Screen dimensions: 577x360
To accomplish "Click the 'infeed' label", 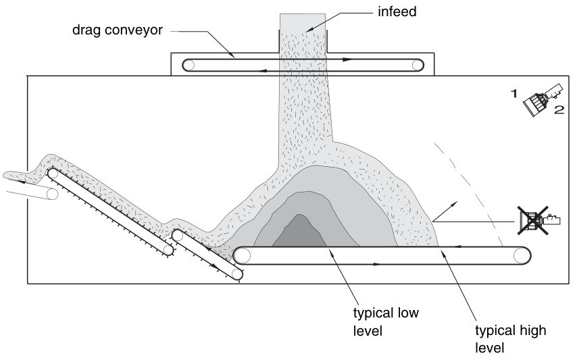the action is tap(397, 11).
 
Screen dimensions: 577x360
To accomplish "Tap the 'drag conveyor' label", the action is tap(118, 30).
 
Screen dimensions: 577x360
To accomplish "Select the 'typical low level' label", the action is tap(386, 322).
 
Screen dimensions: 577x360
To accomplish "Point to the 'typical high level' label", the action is tap(510, 339).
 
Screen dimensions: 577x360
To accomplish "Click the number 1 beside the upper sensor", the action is tap(513, 94).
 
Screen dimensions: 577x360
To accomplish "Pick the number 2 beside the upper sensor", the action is tap(559, 109).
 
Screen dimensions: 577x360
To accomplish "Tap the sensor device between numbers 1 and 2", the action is tap(543, 99).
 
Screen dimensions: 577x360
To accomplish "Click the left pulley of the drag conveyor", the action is tap(189, 66).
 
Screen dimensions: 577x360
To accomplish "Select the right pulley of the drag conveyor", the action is tap(418, 66).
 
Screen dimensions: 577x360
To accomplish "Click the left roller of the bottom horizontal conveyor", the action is tap(242, 255).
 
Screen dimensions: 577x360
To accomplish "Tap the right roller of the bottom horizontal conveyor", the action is tap(522, 255).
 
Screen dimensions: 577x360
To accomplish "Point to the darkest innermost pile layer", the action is tap(299, 232).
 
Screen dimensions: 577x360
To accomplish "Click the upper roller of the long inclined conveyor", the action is tap(53, 174).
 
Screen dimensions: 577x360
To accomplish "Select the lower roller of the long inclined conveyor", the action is tap(168, 250).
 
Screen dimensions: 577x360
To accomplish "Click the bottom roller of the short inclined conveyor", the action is tap(237, 274).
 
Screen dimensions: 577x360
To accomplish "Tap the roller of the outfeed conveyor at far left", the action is tap(52, 194).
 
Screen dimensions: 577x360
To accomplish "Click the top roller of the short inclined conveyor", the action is tap(178, 235).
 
